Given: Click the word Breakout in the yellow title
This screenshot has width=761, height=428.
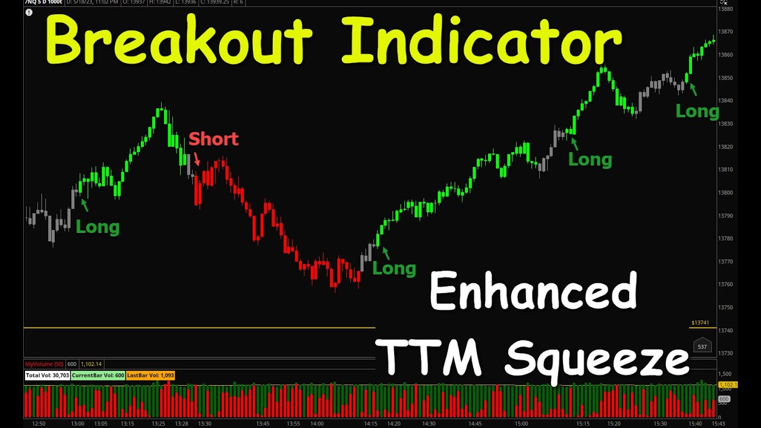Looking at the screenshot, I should [x=178, y=40].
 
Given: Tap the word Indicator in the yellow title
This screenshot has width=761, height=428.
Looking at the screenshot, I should [x=482, y=40].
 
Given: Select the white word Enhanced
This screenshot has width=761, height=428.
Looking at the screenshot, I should [x=533, y=291].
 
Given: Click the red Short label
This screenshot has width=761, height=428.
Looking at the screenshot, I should [x=213, y=139].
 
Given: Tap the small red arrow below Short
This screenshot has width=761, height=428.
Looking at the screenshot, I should [x=197, y=159].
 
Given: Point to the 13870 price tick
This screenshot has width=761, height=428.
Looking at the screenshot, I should [x=725, y=32].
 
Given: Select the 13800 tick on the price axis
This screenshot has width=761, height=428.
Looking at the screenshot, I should [x=725, y=193].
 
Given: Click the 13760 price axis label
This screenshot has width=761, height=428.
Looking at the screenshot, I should [x=725, y=284].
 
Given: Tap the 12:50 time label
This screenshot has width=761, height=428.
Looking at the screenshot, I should [x=39, y=423].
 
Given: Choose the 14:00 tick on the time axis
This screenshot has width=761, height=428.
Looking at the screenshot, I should [x=317, y=423].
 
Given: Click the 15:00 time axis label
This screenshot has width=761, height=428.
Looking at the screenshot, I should [x=521, y=423].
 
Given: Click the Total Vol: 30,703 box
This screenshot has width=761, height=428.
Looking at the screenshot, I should [x=47, y=375].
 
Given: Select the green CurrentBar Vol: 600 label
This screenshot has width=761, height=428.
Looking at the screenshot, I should [x=98, y=375].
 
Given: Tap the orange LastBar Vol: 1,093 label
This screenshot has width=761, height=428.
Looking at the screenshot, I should [x=150, y=375].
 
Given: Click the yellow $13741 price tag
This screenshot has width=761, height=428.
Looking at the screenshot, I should [x=700, y=323].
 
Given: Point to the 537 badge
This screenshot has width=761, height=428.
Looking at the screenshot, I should [x=702, y=347].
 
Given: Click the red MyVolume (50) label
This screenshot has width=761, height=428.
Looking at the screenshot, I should [x=44, y=364].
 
